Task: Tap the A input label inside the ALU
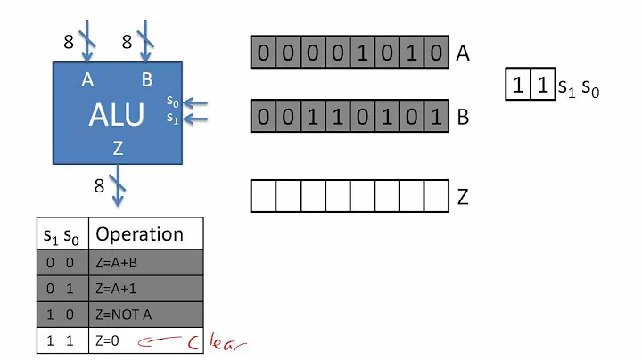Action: click(87, 80)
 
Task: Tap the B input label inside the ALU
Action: click(146, 80)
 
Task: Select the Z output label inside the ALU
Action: click(117, 149)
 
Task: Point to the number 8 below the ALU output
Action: click(99, 187)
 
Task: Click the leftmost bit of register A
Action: click(262, 53)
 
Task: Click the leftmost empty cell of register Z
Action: click(262, 196)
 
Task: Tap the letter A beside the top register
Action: click(462, 53)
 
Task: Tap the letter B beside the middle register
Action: click(462, 116)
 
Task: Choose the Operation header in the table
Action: click(139, 234)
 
